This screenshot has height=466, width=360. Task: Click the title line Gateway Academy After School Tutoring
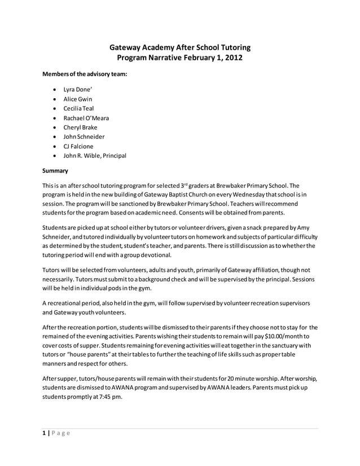tap(179, 47)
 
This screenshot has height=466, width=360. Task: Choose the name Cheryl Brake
tap(80, 128)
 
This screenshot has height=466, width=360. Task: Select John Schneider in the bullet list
tap(84, 137)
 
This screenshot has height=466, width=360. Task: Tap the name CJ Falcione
tap(78, 146)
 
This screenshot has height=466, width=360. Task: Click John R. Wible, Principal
tap(95, 156)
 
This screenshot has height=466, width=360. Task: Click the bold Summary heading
tap(55, 170)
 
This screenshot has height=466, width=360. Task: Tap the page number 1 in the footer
tap(44, 433)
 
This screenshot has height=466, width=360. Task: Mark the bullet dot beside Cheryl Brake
tap(54, 128)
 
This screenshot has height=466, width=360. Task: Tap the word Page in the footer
tap(60, 433)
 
